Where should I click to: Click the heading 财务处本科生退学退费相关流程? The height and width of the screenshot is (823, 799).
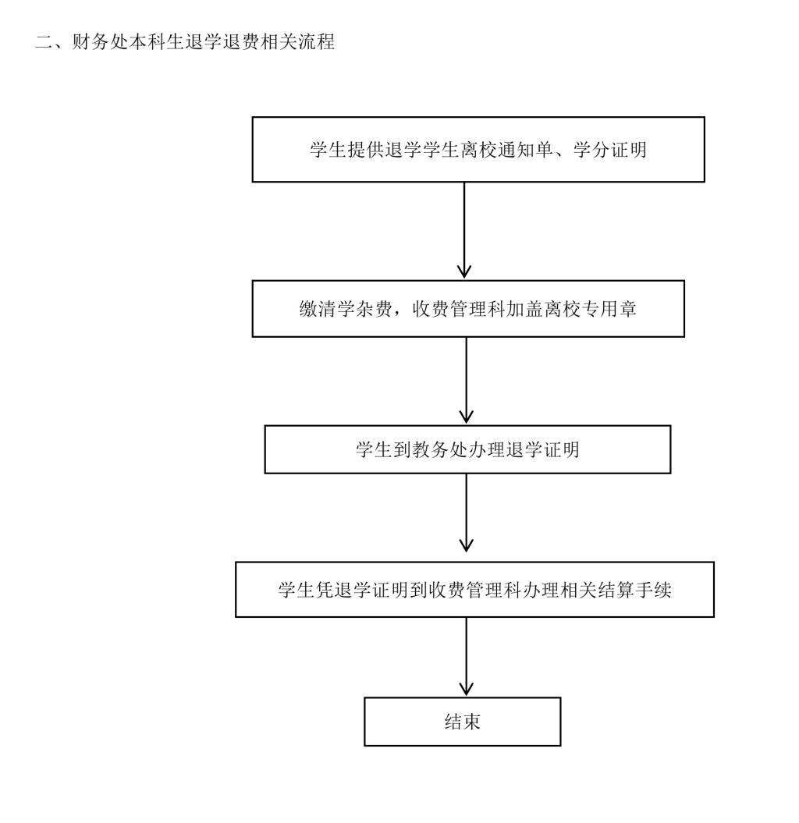(x=203, y=42)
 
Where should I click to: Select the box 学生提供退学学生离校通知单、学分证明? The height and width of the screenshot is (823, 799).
(x=478, y=150)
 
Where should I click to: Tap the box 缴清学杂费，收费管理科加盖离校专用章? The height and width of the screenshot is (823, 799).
(x=468, y=309)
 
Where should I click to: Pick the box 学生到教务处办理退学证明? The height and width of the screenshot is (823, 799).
(x=467, y=449)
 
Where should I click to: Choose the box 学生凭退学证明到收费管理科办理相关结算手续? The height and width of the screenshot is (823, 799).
(x=474, y=590)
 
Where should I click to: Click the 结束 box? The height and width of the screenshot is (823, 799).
(x=463, y=722)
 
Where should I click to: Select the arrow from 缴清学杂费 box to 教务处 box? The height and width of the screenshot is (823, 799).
(x=466, y=381)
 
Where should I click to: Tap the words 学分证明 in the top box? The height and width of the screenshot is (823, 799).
(x=609, y=150)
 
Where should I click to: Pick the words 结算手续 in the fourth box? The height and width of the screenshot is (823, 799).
(x=634, y=590)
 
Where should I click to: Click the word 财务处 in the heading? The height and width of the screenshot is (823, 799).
(x=101, y=42)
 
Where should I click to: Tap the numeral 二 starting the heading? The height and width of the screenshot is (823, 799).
(x=44, y=42)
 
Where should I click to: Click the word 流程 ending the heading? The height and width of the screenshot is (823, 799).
(x=317, y=42)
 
